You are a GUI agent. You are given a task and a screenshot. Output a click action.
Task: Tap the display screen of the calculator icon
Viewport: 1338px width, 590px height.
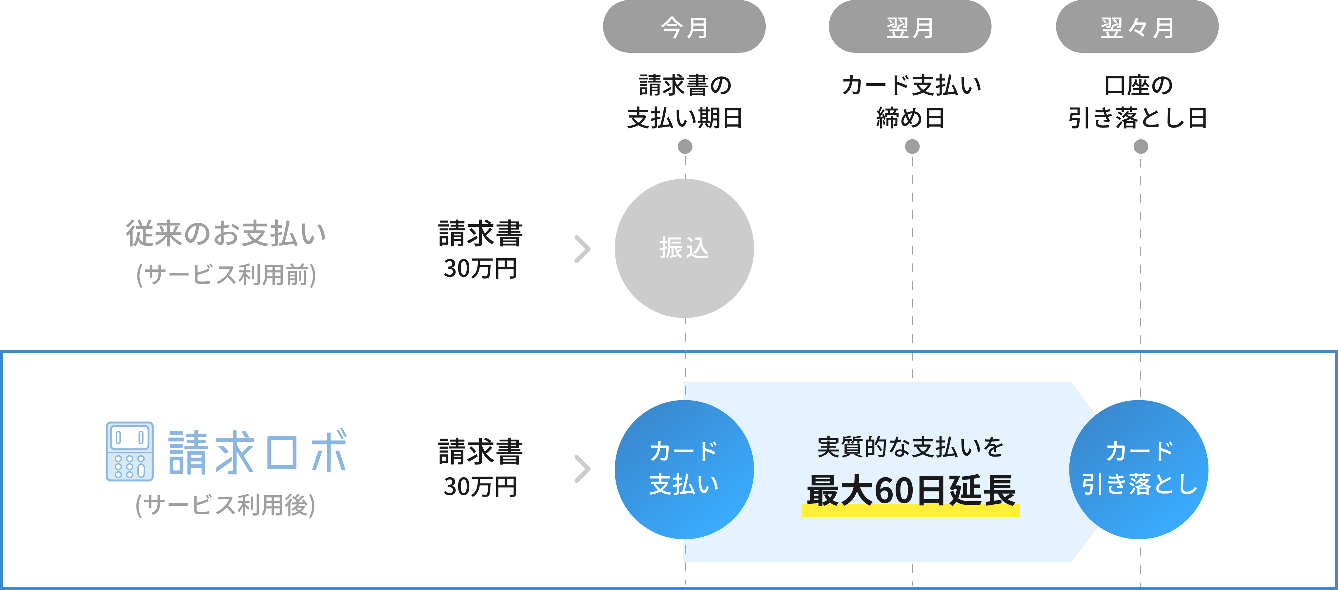point(129,437)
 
